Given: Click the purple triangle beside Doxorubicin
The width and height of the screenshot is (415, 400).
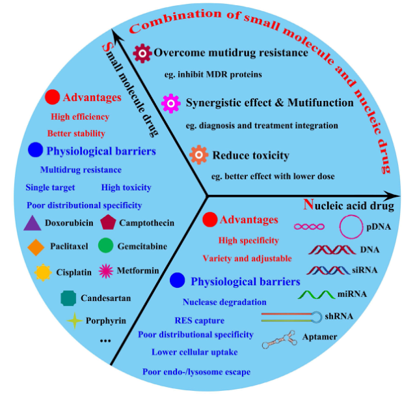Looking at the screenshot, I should click(33, 223).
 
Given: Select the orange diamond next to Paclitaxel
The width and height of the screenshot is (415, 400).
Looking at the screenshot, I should click(36, 247).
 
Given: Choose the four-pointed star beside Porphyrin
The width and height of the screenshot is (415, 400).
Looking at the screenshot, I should click(75, 321).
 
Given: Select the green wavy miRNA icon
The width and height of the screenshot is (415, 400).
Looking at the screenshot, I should click(315, 294).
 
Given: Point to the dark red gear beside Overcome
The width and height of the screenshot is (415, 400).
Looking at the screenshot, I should click(142, 52).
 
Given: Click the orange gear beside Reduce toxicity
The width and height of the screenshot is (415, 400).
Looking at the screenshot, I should click(198, 155).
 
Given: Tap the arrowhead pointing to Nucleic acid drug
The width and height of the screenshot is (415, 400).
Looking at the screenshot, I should click(392, 195).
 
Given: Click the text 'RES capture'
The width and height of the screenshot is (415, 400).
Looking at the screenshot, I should click(199, 321).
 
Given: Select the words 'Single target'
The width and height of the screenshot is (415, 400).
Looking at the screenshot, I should click(51, 188).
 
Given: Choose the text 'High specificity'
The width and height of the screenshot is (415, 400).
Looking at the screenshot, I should click(248, 240).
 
